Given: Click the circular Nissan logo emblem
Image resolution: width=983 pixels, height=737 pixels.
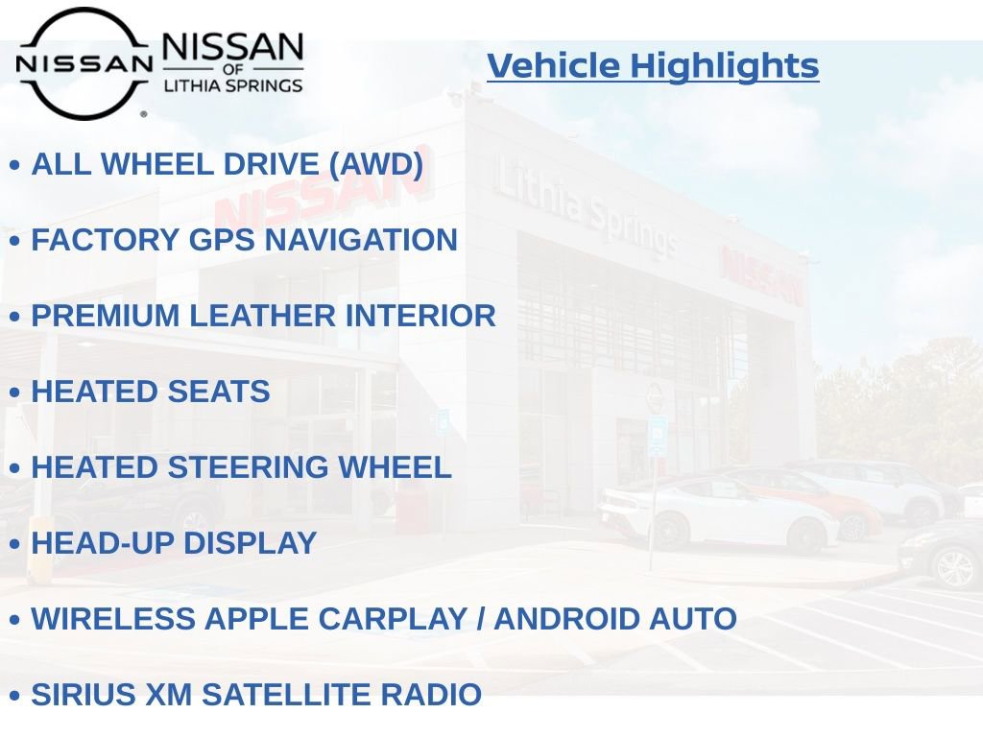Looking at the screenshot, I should click(84, 63).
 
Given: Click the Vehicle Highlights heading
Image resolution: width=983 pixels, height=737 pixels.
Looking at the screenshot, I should click(653, 66).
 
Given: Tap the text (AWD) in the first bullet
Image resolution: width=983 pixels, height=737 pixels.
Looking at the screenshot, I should click(375, 164).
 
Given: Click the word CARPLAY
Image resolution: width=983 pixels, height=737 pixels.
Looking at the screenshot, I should click(396, 619).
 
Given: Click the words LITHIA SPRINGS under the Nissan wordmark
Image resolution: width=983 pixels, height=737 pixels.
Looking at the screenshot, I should click(233, 85).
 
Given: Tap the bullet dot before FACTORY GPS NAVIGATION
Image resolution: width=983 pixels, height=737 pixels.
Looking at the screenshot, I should click(14, 242).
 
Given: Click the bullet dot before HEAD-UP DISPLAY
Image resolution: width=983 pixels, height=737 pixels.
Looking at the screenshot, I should click(14, 545).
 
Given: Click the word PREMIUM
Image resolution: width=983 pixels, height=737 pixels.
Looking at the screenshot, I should click(106, 316).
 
